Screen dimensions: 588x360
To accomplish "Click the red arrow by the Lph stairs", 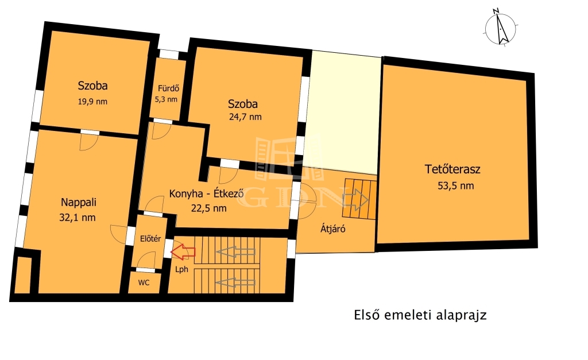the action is pos(183,251).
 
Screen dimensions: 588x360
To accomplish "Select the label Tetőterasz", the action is pos(452,169).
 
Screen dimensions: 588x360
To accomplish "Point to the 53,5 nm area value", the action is pos(455,185).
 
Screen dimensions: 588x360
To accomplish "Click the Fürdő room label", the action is pos(168,88).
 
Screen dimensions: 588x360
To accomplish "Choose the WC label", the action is pos(144,282).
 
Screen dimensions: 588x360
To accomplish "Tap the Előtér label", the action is pos(150,238).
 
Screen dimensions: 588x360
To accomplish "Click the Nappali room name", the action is pos(78,203).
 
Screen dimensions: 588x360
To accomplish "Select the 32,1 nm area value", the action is pos(78,218).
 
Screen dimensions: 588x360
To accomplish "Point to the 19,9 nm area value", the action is pos(92,102).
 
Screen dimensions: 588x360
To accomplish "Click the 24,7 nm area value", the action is pos(245,117).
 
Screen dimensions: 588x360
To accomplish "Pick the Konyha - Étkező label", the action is pos(207,194).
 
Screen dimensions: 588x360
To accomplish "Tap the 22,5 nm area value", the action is pos(209,208).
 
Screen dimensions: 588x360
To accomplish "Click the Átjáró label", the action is pos(332,229).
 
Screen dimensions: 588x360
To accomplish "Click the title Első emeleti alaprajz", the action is pos(420,315).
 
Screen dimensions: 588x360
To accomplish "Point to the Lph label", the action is pos(182,269).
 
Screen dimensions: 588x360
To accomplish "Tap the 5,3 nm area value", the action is pos(166,99).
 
